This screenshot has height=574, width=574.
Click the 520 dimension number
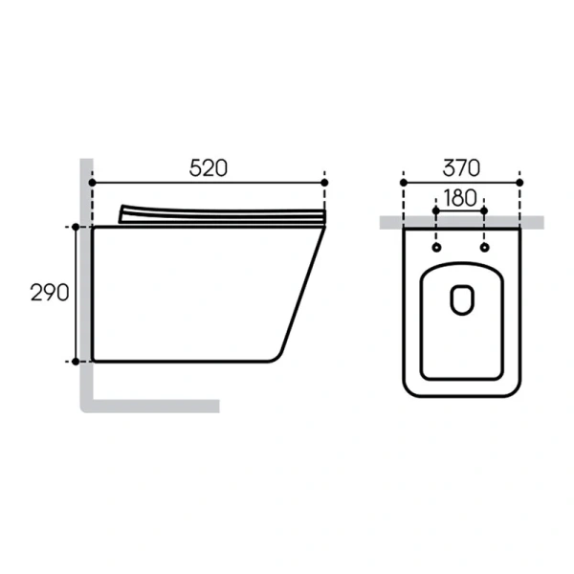coord(208,167)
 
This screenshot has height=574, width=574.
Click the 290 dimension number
coord(50,293)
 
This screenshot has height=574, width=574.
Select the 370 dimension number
coord(461,167)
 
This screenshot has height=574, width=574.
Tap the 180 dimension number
coord(460,198)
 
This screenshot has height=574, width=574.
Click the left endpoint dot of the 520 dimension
coord(93,182)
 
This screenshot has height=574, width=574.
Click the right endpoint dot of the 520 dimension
coord(325,182)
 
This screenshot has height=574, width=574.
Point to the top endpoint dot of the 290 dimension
coord(76,227)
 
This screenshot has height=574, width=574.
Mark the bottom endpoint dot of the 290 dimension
coord(76,361)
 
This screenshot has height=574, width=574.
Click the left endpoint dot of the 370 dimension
coord(404,182)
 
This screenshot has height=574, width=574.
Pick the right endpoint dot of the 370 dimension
coord(519,182)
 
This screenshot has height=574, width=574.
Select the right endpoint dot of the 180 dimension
coord(484,210)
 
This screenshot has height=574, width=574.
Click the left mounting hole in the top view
coord(437,249)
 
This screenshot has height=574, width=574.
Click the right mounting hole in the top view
coord(484,249)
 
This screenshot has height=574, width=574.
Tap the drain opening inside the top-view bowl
coord(461,299)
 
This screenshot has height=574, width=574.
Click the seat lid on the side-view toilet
coord(220,214)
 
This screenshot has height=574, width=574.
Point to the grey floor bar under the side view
coord(158,406)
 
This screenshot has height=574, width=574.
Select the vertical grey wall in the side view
coord(85,287)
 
